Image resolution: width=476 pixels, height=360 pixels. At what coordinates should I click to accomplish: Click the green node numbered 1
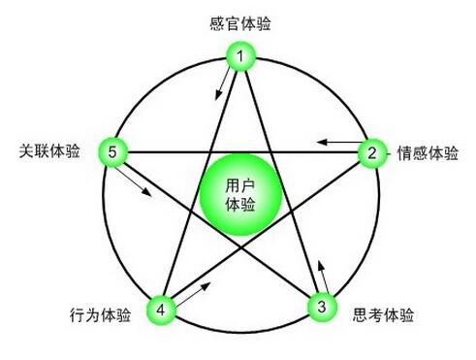click(240, 57)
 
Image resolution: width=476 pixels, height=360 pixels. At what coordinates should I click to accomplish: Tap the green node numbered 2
click(371, 152)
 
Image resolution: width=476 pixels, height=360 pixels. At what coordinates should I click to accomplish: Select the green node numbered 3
click(321, 307)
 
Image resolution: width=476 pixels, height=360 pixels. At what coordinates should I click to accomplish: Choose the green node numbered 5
click(113, 152)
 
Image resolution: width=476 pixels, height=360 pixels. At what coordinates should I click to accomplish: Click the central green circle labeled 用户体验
click(240, 194)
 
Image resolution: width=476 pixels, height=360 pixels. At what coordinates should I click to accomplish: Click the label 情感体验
click(428, 153)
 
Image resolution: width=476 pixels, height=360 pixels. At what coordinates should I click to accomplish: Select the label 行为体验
click(100, 315)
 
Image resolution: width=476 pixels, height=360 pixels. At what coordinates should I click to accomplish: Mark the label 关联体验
click(49, 151)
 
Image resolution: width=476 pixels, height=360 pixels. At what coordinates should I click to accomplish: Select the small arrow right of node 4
click(197, 290)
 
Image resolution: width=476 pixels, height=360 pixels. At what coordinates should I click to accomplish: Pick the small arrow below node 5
click(139, 183)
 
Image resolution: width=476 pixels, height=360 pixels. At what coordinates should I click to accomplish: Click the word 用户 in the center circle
click(240, 184)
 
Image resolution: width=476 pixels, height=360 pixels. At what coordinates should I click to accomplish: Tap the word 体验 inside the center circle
click(240, 204)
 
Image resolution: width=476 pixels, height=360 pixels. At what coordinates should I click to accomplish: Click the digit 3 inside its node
click(321, 307)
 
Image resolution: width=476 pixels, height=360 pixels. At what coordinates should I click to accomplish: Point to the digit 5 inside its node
click(113, 152)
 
